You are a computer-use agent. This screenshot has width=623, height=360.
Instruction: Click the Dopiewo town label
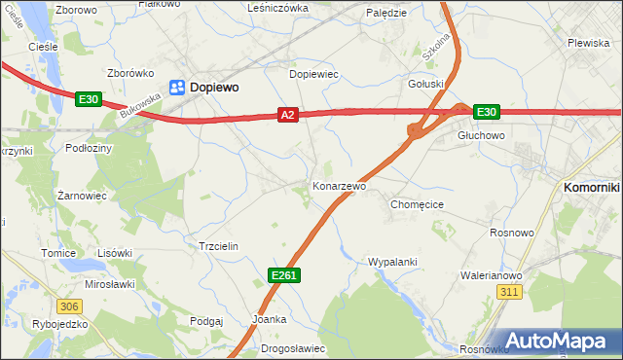[x=215, y=87]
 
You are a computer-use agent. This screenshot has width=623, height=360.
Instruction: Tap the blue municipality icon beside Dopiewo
[x=178, y=88]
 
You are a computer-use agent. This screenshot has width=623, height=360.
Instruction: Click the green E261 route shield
[x=283, y=276]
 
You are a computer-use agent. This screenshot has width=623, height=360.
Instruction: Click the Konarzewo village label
[x=339, y=186]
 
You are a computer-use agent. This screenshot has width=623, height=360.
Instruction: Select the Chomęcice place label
[x=417, y=205]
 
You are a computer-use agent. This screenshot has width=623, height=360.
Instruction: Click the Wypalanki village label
[x=392, y=262]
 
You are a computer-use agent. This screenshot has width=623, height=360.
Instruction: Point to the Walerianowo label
[x=492, y=275]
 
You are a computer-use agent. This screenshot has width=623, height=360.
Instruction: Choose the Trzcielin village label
[x=219, y=246]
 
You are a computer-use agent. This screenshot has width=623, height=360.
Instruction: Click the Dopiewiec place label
[x=313, y=74]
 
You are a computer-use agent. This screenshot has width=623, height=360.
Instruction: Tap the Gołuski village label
[x=425, y=84]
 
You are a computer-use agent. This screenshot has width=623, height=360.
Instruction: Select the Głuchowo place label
[x=481, y=136]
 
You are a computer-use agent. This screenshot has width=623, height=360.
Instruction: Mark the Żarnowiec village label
[x=81, y=195]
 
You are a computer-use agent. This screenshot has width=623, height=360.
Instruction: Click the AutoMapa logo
[x=559, y=341]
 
